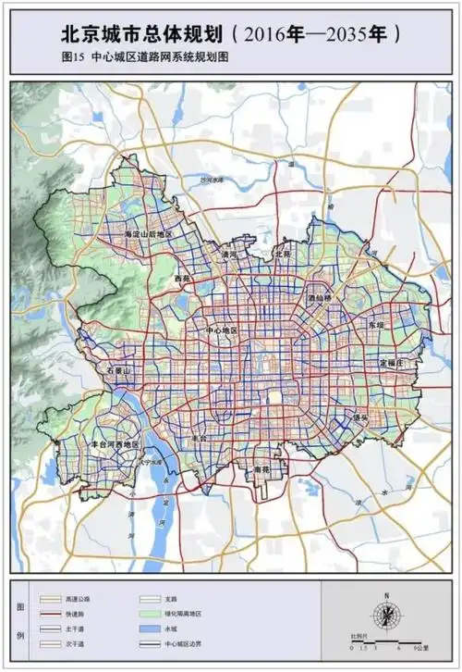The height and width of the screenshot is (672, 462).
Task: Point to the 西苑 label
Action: click(183, 278)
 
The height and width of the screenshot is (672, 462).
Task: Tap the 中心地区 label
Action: click(222, 330)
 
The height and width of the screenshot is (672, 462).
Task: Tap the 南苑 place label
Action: click(264, 470)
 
